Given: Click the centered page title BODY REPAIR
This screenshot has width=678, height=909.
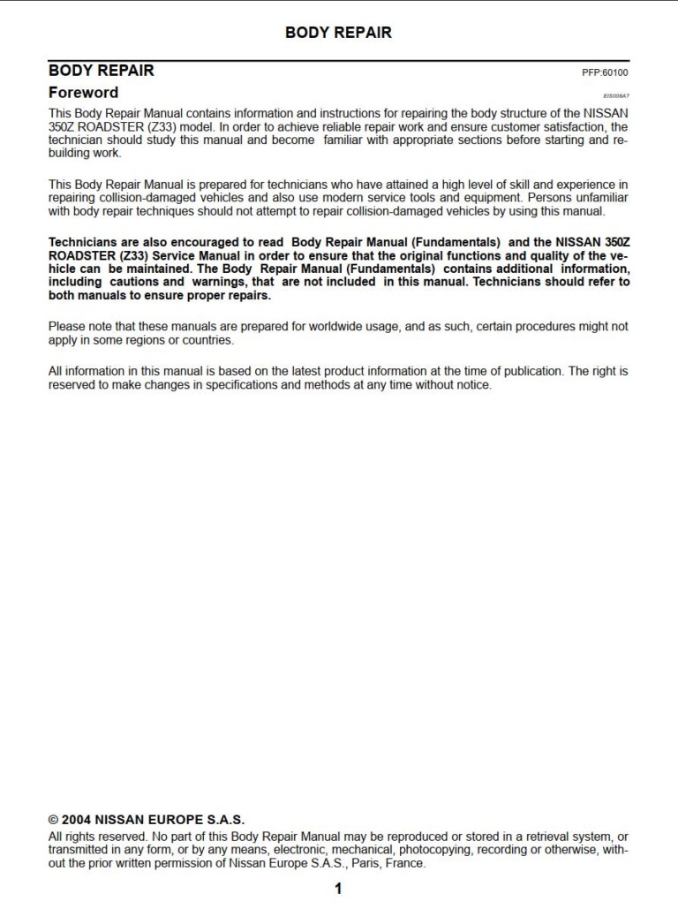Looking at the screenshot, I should pyautogui.click(x=338, y=33).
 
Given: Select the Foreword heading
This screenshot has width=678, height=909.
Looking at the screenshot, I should pyautogui.click(x=83, y=92).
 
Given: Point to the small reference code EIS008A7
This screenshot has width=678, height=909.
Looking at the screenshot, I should pyautogui.click(x=616, y=95).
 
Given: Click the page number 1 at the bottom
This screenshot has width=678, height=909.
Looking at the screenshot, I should pyautogui.click(x=338, y=889).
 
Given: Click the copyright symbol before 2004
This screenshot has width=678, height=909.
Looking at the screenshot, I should pyautogui.click(x=53, y=820).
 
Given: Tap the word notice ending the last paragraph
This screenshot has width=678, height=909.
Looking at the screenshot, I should pyautogui.click(x=471, y=385).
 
